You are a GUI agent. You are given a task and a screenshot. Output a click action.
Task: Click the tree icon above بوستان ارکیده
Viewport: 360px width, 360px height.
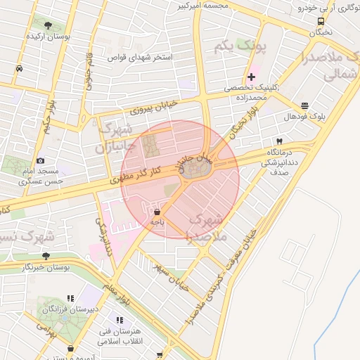point(48,25)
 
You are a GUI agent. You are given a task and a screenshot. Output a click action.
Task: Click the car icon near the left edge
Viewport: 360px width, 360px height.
point(18,69)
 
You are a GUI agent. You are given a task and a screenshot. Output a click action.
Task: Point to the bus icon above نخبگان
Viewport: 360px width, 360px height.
point(321,20)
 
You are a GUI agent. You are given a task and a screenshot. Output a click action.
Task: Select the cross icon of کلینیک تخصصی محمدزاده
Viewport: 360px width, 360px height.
point(251,77)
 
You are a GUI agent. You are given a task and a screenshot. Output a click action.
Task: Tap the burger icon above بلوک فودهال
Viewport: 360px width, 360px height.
point(304,105)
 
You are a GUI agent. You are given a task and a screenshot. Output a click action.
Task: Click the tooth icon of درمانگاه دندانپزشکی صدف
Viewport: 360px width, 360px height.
point(278,141)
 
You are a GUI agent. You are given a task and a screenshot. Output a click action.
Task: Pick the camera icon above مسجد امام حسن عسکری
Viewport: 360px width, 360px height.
point(40,161)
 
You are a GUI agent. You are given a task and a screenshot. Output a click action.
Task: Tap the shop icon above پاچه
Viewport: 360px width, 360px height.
point(156,211)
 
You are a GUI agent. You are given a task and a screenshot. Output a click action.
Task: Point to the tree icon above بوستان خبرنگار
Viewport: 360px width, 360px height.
point(46,256)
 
